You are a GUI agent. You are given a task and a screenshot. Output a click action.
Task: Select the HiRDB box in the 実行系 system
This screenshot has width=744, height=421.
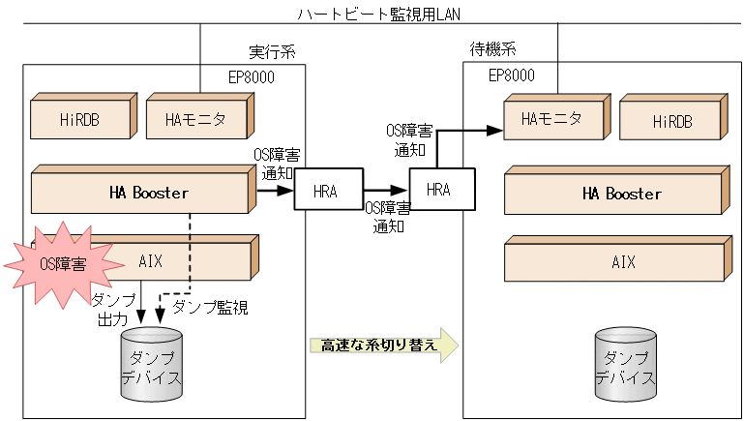click(80, 119)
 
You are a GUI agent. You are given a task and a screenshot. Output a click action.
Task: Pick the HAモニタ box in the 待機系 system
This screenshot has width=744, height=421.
click(552, 119)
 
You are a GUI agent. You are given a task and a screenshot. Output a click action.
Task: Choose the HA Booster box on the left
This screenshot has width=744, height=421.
click(140, 193)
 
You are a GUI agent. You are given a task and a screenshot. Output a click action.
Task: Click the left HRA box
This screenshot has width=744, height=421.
click(325, 191)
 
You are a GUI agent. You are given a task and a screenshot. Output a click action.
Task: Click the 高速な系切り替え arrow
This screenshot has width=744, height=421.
click(382, 345)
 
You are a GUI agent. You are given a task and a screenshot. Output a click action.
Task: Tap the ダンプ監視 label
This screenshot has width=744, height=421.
click(210, 308)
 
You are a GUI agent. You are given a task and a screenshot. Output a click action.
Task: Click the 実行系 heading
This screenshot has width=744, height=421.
click(273, 51)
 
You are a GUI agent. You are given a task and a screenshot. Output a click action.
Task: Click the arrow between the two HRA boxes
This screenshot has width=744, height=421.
click(385, 192)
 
